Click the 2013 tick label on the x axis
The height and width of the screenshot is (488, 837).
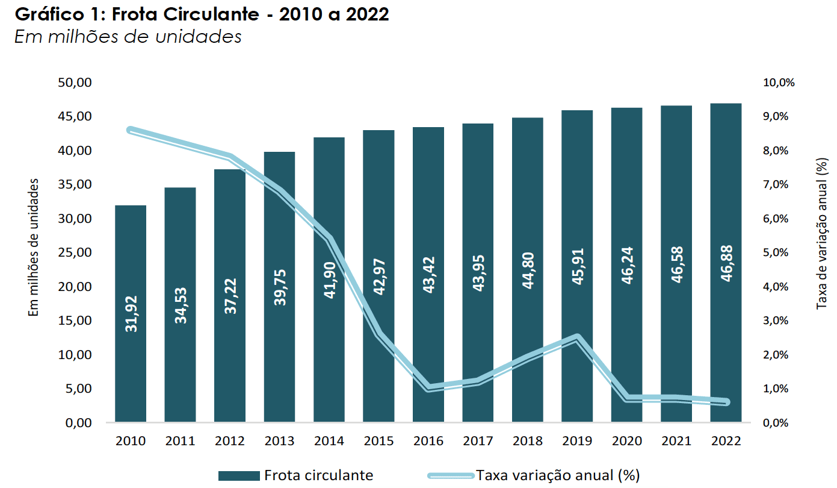pos(280,441)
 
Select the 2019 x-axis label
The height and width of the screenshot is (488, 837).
pos(577,441)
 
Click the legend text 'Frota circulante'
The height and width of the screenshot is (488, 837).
pos(319,475)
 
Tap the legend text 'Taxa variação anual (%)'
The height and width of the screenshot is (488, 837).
pos(557,475)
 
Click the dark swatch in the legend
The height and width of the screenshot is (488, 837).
pos(239,475)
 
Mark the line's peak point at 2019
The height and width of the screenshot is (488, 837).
pos(577,337)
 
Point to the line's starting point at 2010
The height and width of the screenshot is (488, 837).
pos(131,130)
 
